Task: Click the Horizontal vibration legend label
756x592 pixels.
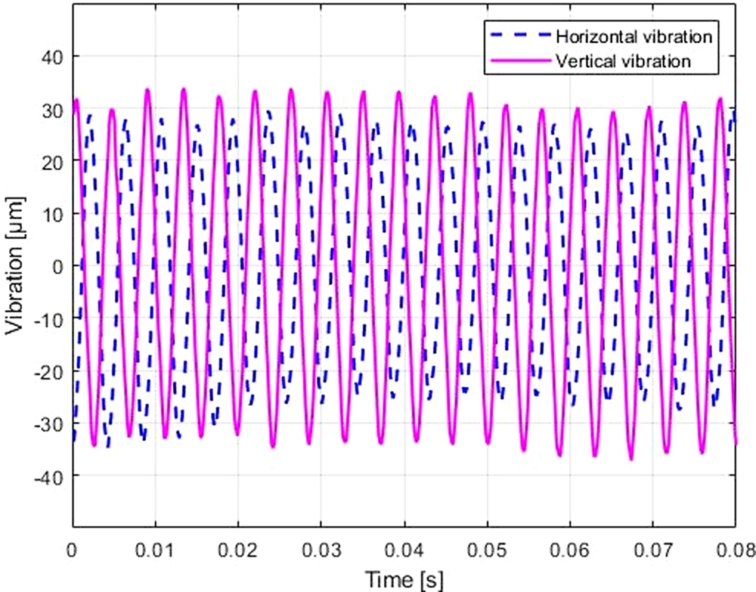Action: click(636, 36)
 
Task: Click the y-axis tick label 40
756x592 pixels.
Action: click(53, 57)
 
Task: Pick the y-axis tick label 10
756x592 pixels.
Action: click(53, 214)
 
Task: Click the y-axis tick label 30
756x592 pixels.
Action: click(53, 110)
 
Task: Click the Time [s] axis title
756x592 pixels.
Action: click(404, 579)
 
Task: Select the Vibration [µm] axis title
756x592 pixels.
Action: click(16, 266)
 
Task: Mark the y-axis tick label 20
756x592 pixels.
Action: click(53, 162)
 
